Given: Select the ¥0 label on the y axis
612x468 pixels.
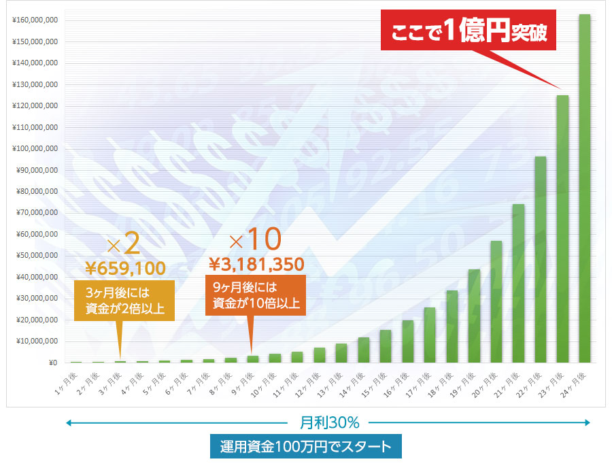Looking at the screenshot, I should tap(51, 363).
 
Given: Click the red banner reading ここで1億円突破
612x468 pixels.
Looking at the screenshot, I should tap(469, 31).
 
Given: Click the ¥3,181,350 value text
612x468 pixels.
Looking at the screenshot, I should tap(256, 264).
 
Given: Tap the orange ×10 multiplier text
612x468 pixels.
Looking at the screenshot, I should tap(255, 239).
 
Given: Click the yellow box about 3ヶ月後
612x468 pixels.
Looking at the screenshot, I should tap(124, 300).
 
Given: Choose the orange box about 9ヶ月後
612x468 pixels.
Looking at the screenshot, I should tap(255, 295).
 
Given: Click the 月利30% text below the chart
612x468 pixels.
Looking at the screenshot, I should tap(329, 422).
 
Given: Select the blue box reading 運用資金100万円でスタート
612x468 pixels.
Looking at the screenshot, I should tap(306, 447).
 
